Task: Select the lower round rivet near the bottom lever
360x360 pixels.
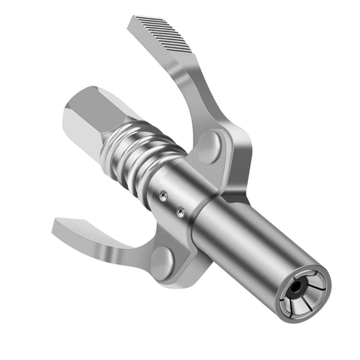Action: (163, 261)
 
